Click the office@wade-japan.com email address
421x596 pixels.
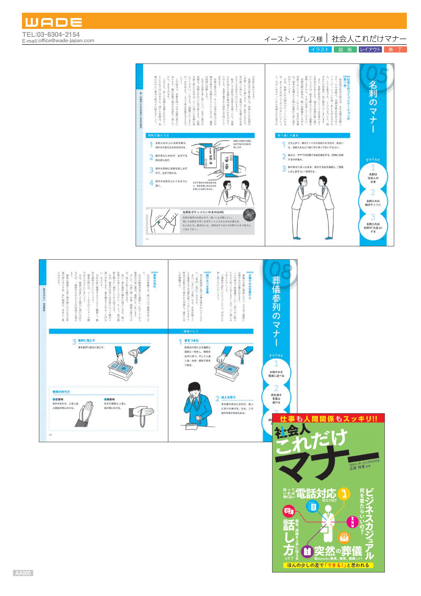(x=66, y=41)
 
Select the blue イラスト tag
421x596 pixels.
(x=320, y=50)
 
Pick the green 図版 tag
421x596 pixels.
(x=345, y=50)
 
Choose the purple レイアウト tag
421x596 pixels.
(x=370, y=50)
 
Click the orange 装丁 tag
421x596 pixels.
(x=395, y=50)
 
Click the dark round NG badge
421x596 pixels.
(x=249, y=215)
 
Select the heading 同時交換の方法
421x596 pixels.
(x=159, y=135)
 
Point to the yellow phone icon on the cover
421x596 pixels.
(x=344, y=494)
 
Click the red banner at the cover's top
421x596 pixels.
(x=328, y=418)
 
